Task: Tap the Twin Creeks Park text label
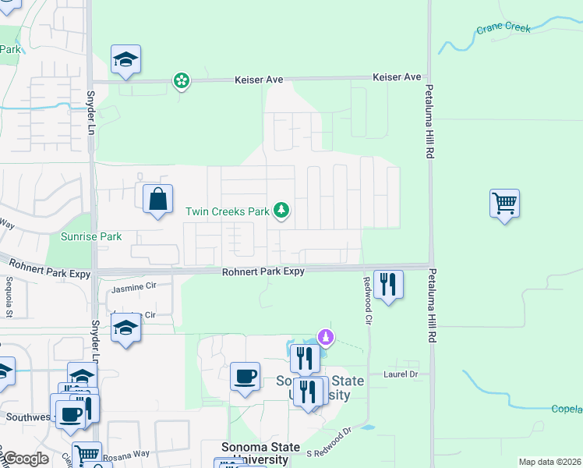point(226,211)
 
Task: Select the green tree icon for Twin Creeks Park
point(281,211)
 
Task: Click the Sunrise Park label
point(91,236)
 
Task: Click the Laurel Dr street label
point(401,374)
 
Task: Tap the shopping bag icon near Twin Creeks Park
point(158,199)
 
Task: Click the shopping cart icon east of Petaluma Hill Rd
point(504,204)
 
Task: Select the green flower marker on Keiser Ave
point(181,80)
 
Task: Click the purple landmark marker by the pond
point(327,338)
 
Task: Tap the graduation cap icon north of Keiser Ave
point(125,60)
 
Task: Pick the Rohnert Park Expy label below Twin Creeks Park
point(263,271)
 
